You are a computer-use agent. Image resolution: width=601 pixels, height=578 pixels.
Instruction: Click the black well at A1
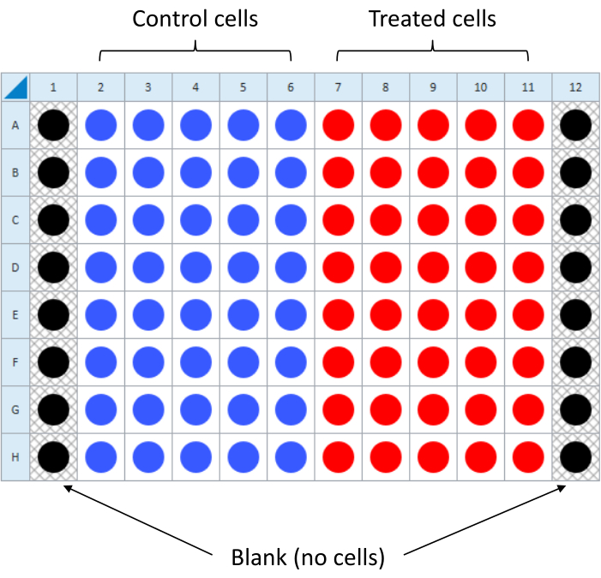pos(53,126)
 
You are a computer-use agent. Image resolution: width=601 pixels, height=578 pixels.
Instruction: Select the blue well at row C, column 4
pos(195,220)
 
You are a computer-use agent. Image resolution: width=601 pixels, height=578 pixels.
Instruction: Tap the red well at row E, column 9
pos(433,314)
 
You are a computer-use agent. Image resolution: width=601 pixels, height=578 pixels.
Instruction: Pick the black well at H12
pos(575,456)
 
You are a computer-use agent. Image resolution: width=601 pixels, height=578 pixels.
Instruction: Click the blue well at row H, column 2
pos(101,456)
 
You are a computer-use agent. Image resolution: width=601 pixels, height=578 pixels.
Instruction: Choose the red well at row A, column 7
pos(338,126)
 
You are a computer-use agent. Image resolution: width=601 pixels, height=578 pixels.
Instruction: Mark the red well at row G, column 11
pos(528,409)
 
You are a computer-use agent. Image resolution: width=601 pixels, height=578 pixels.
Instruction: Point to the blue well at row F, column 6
pos(291,362)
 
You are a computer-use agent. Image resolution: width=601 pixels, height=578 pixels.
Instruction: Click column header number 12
pos(575,86)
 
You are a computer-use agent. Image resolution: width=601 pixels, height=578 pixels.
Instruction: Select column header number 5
pos(243,86)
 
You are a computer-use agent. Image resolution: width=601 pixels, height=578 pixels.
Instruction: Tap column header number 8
pos(386,86)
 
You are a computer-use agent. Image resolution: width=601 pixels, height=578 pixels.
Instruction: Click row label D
pos(15,267)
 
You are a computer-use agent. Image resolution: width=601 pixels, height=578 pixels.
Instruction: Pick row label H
pos(15,456)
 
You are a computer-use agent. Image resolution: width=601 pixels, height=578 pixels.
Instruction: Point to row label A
pos(15,126)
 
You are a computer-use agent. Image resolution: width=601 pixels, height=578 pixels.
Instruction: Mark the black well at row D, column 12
pos(575,267)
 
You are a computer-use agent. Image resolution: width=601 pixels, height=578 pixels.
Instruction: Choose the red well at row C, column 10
pos(480,220)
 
